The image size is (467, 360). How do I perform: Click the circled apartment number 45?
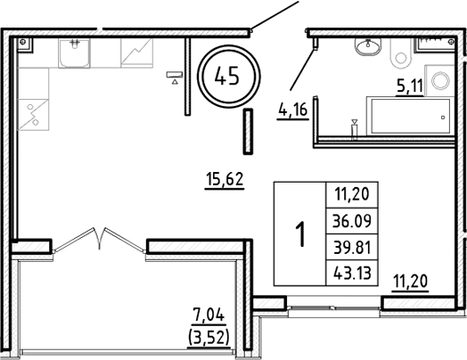coord(226,76)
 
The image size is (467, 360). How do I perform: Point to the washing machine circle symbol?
coord(440,80)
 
